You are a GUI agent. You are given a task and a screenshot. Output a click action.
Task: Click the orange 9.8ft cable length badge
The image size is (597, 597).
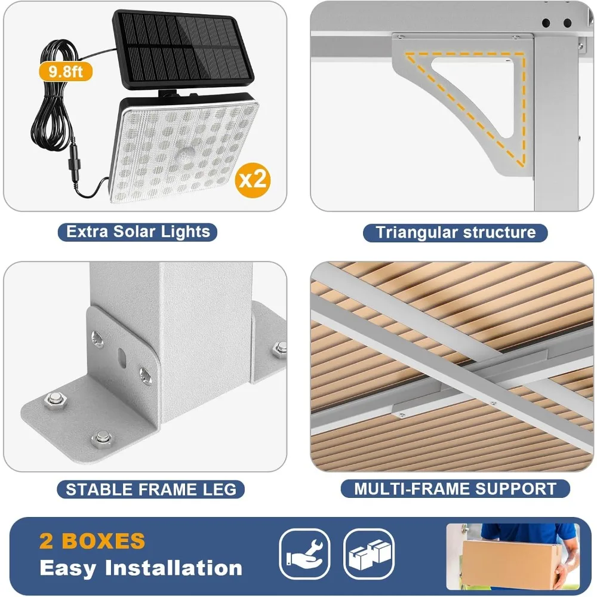click(66, 71)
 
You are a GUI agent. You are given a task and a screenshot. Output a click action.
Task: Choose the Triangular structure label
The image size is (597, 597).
click(455, 232)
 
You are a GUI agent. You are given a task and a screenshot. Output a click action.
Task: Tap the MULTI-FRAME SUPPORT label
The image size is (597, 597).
click(455, 489)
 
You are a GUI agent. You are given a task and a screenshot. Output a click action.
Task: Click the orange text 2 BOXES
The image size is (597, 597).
click(93, 541)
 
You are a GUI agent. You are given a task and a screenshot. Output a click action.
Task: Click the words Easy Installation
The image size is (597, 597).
click(141, 568)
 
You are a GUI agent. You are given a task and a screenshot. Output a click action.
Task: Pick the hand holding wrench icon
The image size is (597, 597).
click(304, 553)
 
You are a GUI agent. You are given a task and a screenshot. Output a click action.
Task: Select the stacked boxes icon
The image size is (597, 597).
click(368, 553)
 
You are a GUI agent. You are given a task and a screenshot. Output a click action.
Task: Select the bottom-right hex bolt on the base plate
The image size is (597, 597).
click(103, 439)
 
